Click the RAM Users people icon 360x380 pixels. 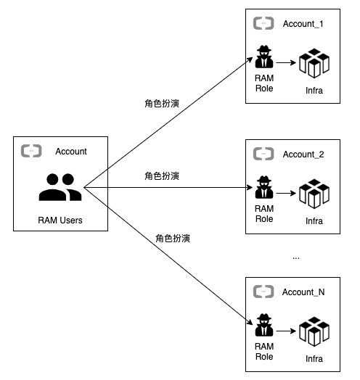pyautogui.click(x=60, y=187)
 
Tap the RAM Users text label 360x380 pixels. pyautogui.click(x=60, y=220)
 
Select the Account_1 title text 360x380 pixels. pyautogui.click(x=303, y=24)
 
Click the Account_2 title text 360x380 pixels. pyautogui.click(x=303, y=154)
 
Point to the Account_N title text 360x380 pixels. pyautogui.click(x=303, y=292)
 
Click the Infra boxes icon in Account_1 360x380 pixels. pyautogui.click(x=314, y=64)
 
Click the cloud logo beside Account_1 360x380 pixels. pyautogui.click(x=263, y=24)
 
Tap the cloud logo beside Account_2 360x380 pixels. pyautogui.click(x=263, y=154)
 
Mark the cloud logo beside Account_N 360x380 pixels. pyautogui.click(x=263, y=292)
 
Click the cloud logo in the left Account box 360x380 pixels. pyautogui.click(x=31, y=151)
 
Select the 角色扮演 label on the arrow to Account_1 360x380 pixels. pyautogui.click(x=162, y=104)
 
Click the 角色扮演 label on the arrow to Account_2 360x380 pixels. pyautogui.click(x=162, y=175)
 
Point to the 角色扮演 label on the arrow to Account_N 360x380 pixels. pyautogui.click(x=173, y=238)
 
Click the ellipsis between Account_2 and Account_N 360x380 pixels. pyautogui.click(x=295, y=257)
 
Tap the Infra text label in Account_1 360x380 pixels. pyautogui.click(x=314, y=91)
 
